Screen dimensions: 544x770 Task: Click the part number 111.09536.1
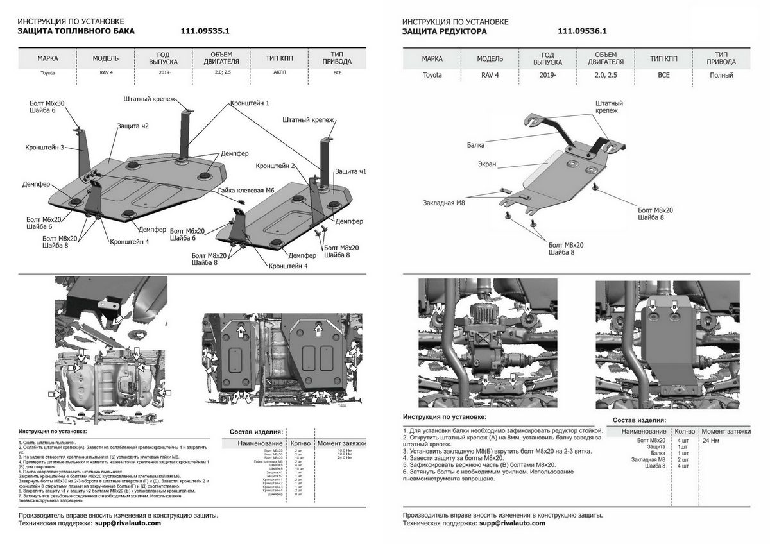[x=583, y=31]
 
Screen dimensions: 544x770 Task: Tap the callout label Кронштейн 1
[x=248, y=103]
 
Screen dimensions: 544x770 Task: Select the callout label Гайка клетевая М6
[x=246, y=191]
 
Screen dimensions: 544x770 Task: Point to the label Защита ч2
[x=133, y=126]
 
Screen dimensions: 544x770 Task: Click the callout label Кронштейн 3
[x=45, y=147]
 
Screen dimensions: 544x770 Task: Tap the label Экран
[x=486, y=164]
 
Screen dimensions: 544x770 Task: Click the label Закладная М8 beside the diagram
[x=444, y=203]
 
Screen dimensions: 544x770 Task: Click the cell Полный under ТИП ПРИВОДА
[x=721, y=75]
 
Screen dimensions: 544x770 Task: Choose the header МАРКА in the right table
[x=432, y=58]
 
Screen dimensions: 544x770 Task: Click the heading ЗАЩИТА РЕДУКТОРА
[x=444, y=31]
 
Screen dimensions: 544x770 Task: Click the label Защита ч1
[x=350, y=171]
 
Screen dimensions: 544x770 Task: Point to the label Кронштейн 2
[x=275, y=166]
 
